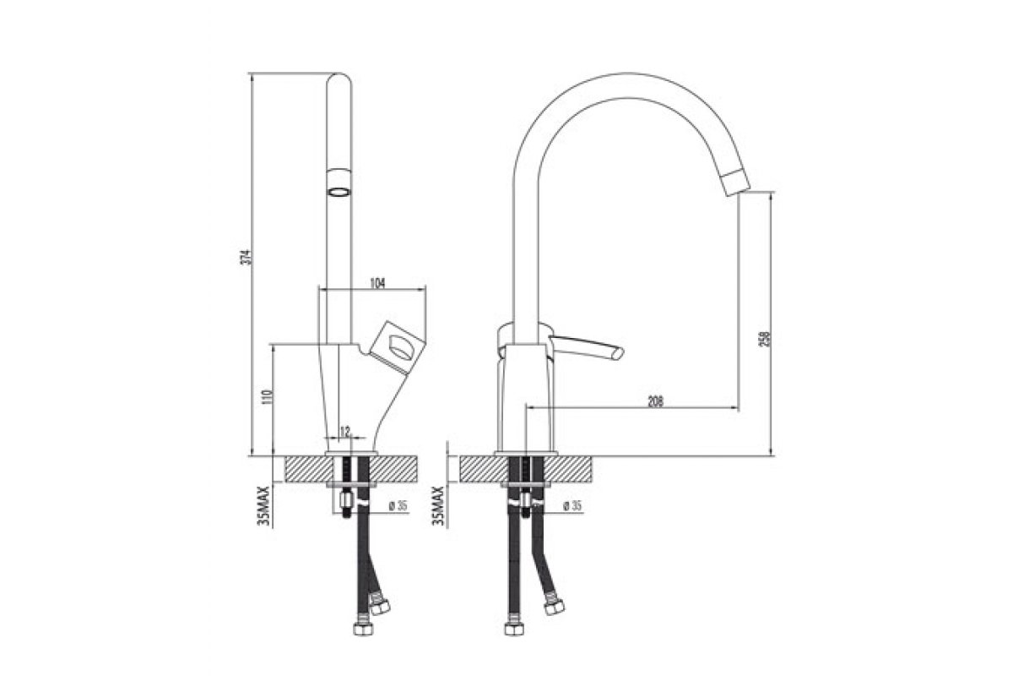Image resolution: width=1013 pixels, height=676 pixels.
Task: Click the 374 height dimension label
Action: (x=246, y=257)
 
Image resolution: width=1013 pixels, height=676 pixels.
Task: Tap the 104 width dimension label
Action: (x=377, y=283)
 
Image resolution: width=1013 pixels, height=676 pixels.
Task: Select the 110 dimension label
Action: (x=268, y=397)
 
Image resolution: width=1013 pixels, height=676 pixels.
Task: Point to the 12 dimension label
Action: (x=345, y=432)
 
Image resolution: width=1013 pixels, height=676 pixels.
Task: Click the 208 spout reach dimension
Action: (x=656, y=401)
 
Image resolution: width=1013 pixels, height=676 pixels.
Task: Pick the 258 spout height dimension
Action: (x=765, y=340)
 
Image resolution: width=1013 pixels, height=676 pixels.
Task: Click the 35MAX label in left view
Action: (x=263, y=506)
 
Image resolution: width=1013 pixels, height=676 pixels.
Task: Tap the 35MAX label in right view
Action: (x=438, y=506)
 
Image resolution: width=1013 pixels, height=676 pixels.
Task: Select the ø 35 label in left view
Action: (x=398, y=506)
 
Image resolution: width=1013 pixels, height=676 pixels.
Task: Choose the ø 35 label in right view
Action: (x=572, y=506)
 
